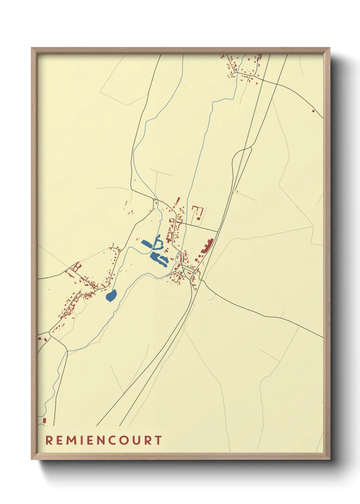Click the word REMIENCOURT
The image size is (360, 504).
[x=103, y=440]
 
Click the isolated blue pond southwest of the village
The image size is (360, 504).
[x=111, y=295]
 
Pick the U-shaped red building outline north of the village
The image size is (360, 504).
[x=198, y=212]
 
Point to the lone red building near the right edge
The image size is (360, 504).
[x=313, y=110]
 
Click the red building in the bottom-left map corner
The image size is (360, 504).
[x=44, y=421]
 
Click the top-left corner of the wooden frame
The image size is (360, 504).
[x=32, y=48]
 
